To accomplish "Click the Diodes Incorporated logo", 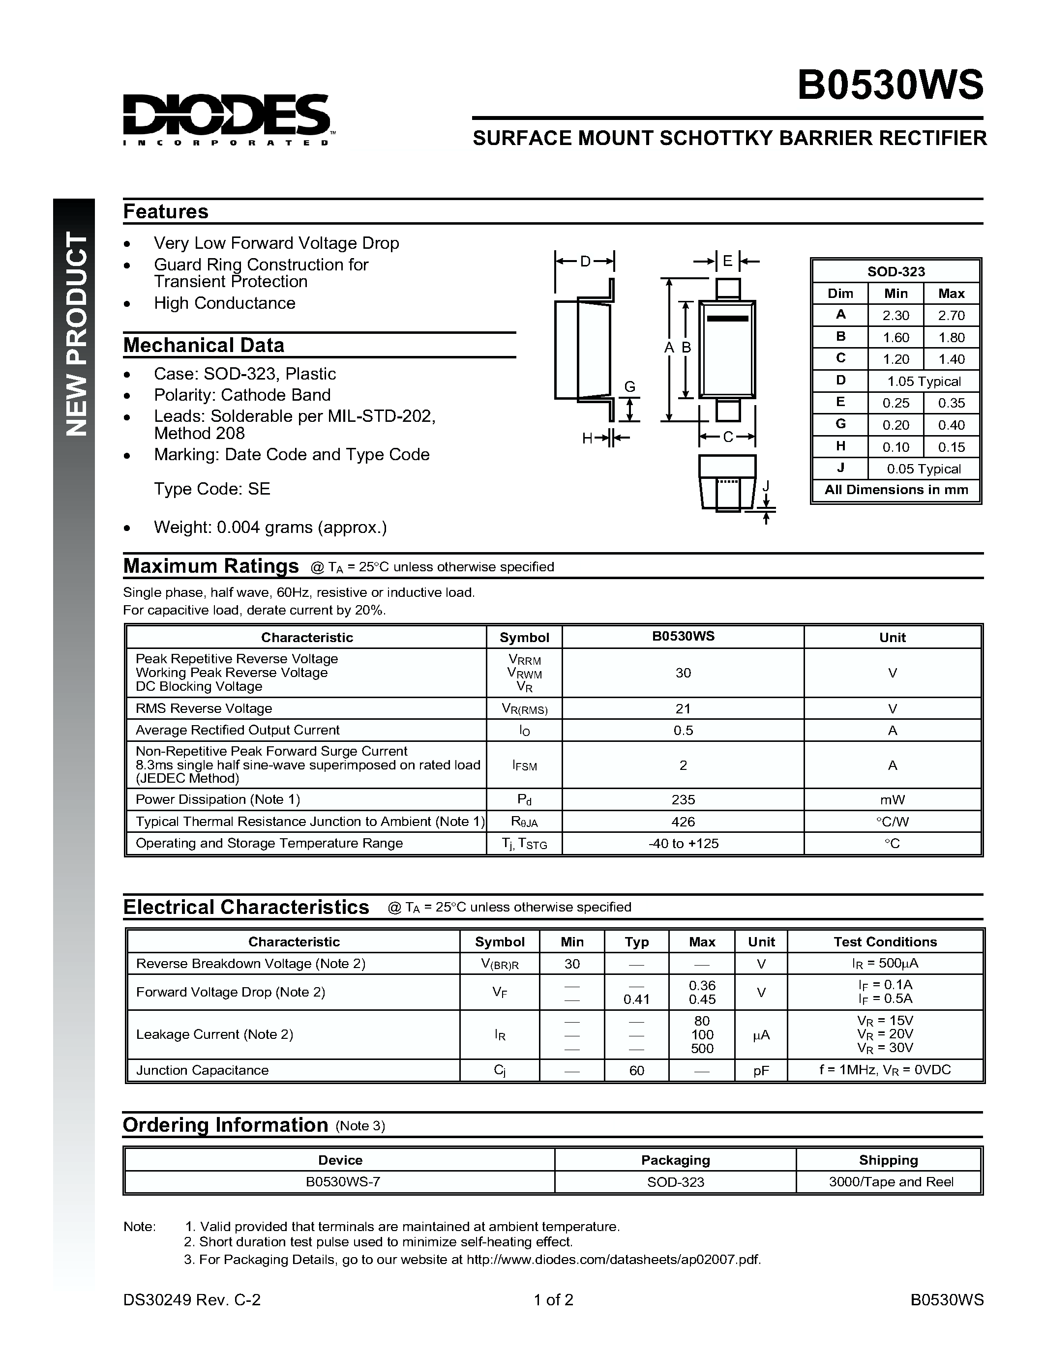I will (x=227, y=118).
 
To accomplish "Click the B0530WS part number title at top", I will (x=890, y=85).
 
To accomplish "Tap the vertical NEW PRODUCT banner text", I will (x=77, y=334).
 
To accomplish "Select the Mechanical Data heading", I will (x=204, y=345).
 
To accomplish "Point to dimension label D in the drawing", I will (x=585, y=261).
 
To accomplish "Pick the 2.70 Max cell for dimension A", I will (x=951, y=315).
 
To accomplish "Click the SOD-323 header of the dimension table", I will (x=896, y=271).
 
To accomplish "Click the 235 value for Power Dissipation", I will (x=683, y=799).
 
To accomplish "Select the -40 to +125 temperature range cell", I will (x=683, y=843).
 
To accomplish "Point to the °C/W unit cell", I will (x=892, y=822).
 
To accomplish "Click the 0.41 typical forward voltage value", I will (x=636, y=999).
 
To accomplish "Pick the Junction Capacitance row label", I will (x=203, y=1070).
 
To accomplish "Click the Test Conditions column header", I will (x=885, y=941).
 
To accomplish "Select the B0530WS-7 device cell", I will (x=342, y=1181).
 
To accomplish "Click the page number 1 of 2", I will (x=553, y=1299).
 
